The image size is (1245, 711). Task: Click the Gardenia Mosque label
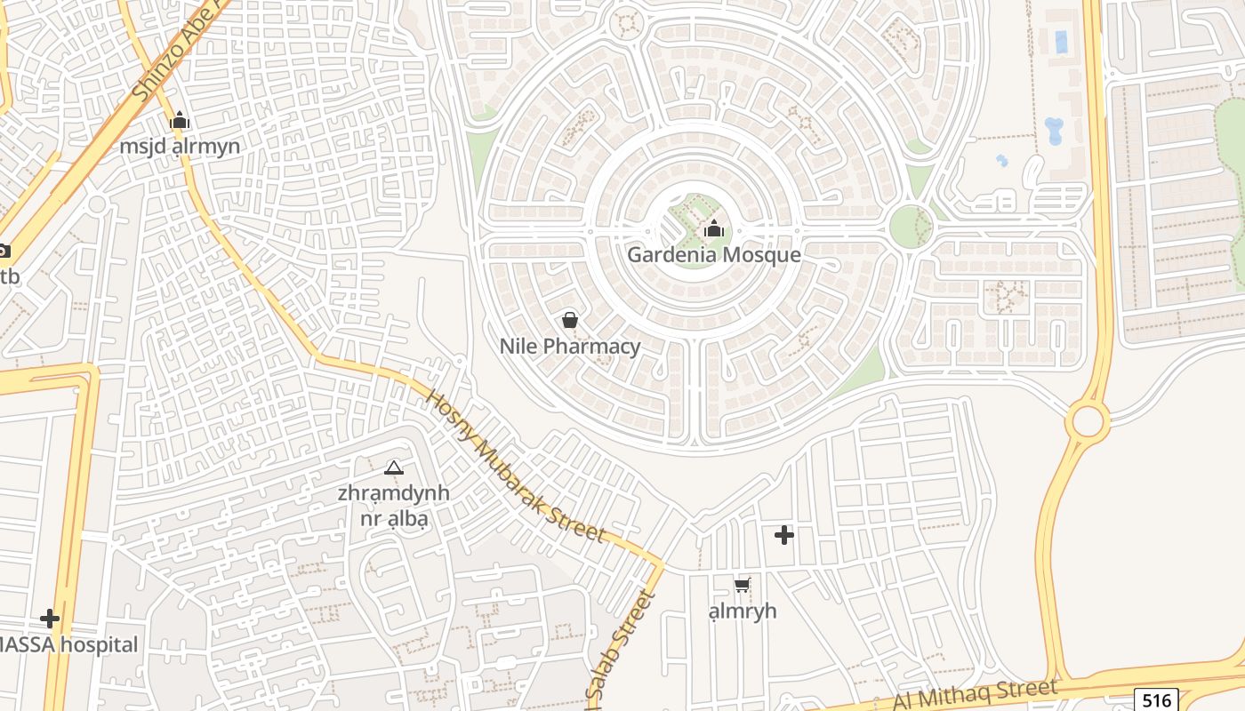click(x=714, y=255)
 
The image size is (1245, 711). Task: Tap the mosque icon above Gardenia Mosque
click(x=713, y=229)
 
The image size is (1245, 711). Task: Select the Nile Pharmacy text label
click(x=570, y=347)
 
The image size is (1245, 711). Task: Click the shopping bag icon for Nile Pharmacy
click(x=570, y=320)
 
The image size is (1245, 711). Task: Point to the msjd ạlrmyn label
click(x=180, y=147)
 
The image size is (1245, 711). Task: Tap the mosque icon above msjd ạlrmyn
click(x=180, y=121)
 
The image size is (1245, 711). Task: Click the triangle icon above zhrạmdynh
click(x=394, y=467)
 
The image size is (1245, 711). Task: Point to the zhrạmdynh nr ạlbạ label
click(x=394, y=506)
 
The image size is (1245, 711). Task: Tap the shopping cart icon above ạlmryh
click(x=743, y=585)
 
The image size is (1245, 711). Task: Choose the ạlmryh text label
click(x=743, y=611)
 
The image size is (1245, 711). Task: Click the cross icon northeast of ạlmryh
click(x=783, y=535)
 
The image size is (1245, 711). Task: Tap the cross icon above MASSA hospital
click(x=50, y=619)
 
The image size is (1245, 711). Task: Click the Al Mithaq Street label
click(x=975, y=693)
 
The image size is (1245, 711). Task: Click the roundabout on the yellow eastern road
click(x=1087, y=420)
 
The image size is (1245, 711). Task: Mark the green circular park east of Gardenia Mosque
click(x=911, y=226)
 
